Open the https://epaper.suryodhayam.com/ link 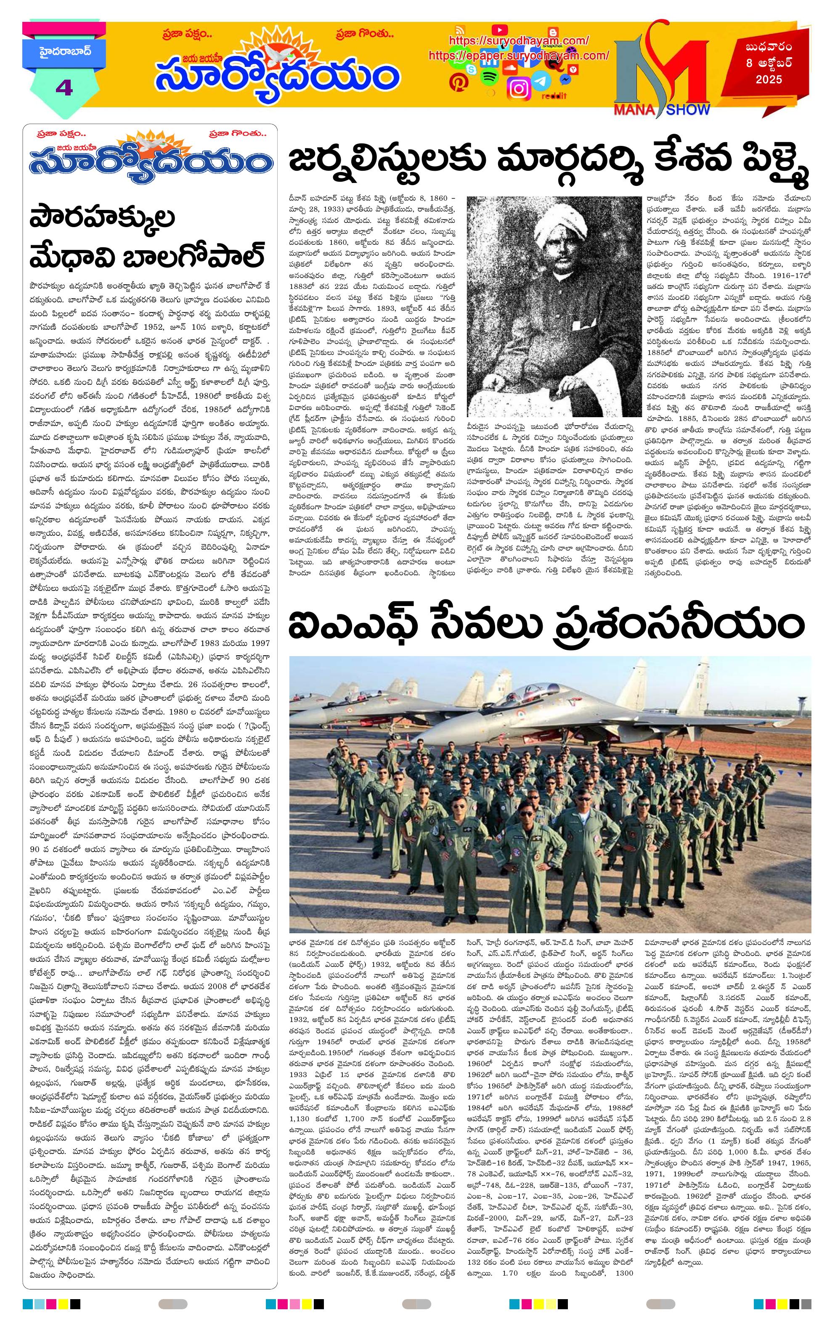coord(519,55)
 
